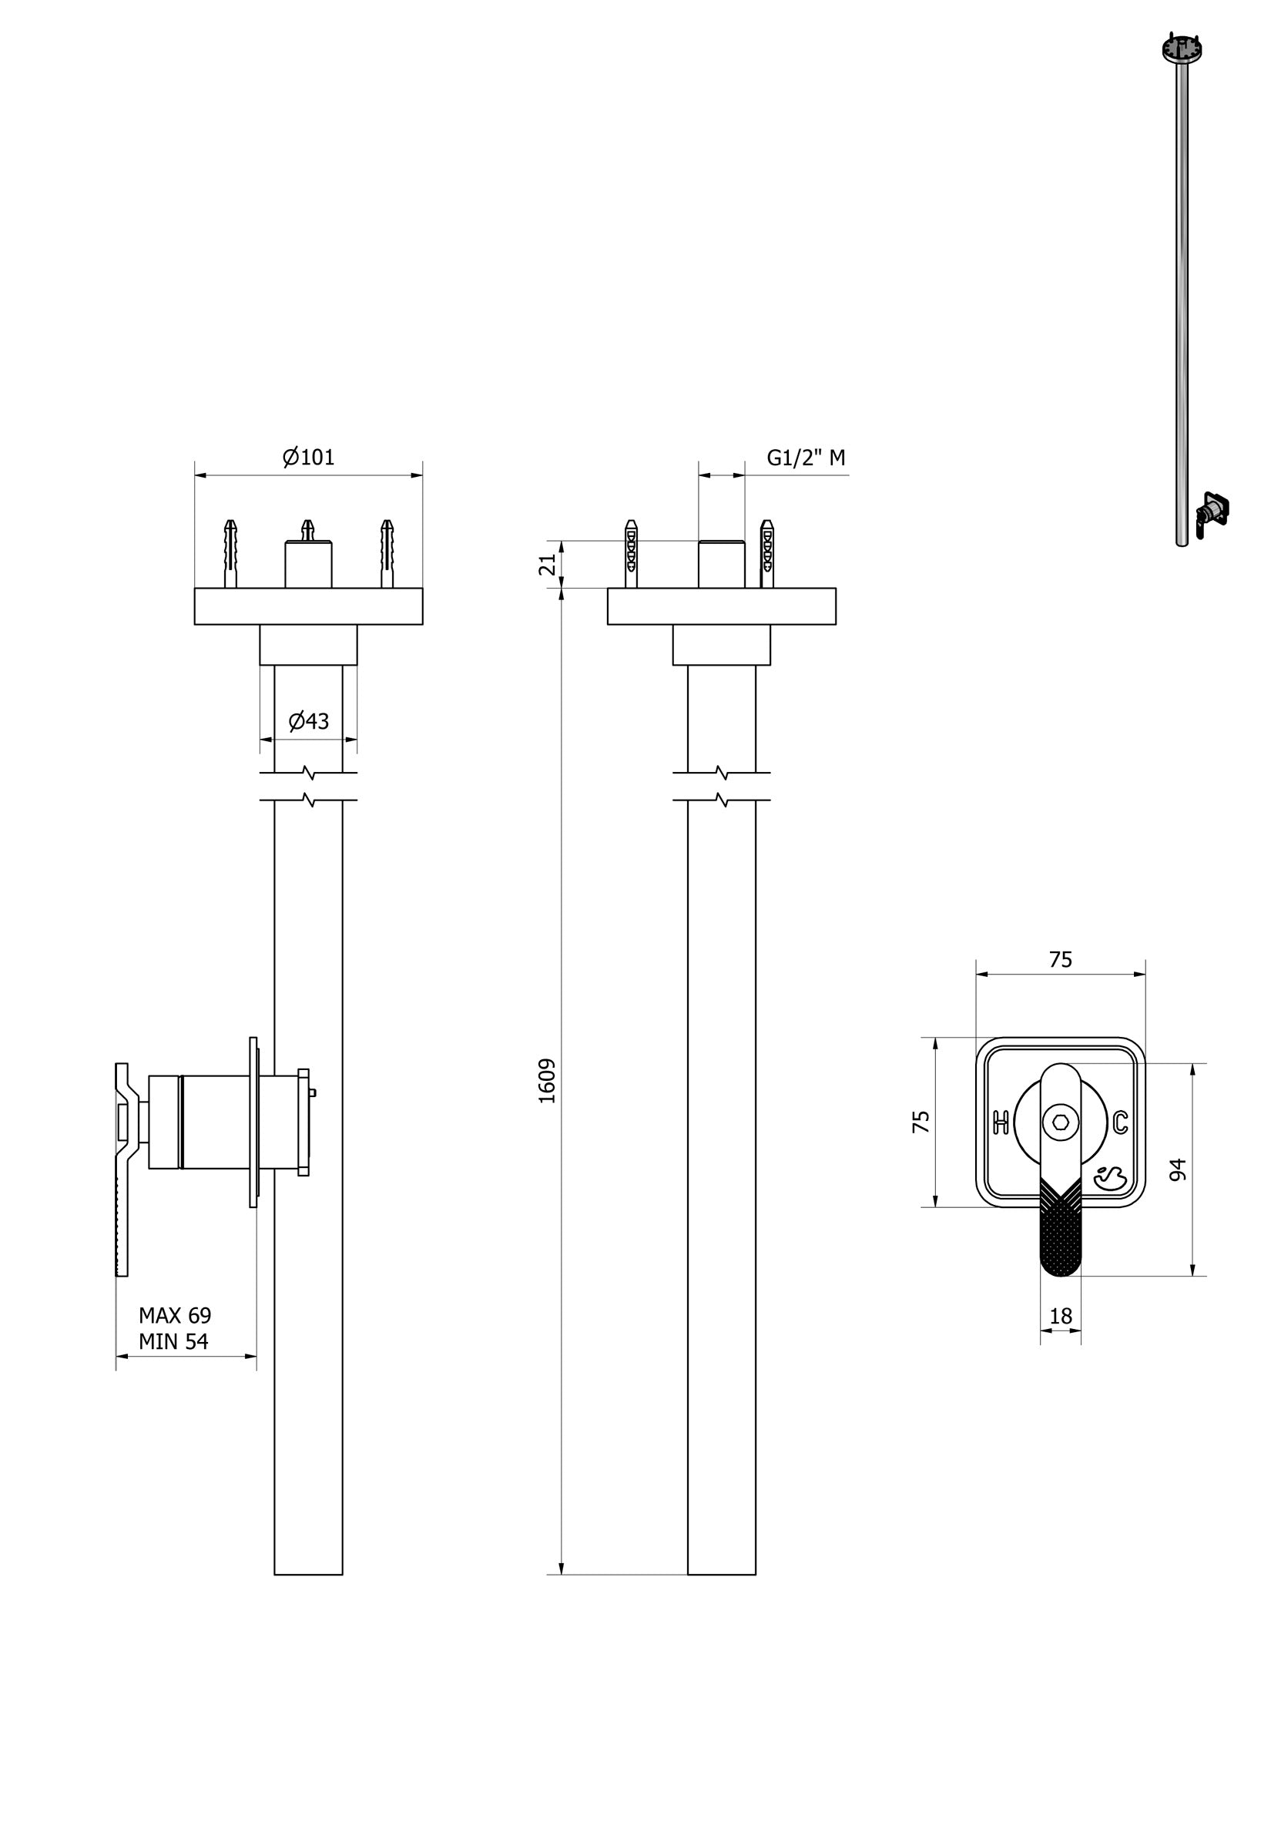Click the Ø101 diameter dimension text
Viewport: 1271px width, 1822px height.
(x=308, y=457)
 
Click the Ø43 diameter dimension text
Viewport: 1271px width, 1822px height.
(x=308, y=720)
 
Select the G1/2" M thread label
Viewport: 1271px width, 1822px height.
(x=804, y=458)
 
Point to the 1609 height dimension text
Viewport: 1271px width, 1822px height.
(x=548, y=1081)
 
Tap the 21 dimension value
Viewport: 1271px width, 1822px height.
(x=548, y=564)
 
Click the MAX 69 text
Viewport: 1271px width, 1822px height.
(x=175, y=1315)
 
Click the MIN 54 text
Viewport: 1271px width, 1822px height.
(x=173, y=1341)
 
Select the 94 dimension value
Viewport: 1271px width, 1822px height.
(x=1178, y=1169)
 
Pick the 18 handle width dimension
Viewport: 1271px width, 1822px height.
(x=1060, y=1316)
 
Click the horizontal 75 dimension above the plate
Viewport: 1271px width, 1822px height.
(x=1060, y=959)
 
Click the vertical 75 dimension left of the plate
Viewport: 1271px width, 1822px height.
(x=921, y=1121)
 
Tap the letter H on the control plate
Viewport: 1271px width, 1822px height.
(x=1001, y=1122)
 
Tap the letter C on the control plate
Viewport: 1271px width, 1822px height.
(x=1119, y=1122)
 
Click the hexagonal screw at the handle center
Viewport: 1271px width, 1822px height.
(x=1060, y=1122)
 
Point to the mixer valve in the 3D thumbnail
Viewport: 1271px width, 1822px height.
(x=1211, y=509)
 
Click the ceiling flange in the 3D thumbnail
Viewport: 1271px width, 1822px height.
(x=1182, y=49)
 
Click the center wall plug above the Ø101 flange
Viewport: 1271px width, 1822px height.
(x=308, y=529)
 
